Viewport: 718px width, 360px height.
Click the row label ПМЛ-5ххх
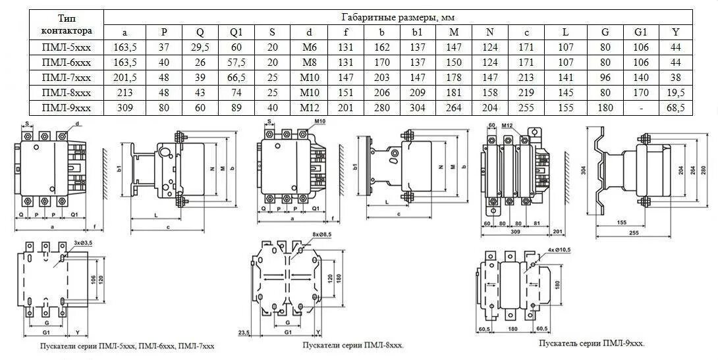[x=66, y=47]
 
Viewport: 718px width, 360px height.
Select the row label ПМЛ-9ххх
[x=66, y=107]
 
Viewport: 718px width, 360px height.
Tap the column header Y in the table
[x=675, y=32]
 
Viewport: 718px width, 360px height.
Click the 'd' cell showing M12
[x=309, y=107]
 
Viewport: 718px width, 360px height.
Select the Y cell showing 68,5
[x=675, y=107]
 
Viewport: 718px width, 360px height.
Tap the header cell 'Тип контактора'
[x=66, y=24]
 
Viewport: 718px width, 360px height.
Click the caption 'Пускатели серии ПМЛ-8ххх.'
[x=353, y=345]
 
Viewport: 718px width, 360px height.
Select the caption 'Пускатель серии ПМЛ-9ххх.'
[x=592, y=344]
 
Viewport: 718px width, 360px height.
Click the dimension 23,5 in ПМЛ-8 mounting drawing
[x=245, y=332]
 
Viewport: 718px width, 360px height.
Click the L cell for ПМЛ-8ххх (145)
[x=565, y=92]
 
